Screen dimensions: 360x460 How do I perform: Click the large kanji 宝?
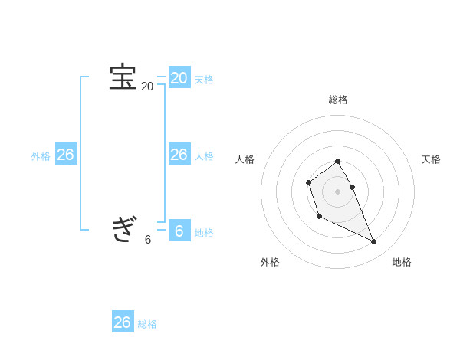coord(123,77)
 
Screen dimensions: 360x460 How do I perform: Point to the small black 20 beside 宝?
coord(147,87)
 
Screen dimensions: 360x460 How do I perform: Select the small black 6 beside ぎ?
coord(148,239)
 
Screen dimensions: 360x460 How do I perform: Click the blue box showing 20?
coord(179,77)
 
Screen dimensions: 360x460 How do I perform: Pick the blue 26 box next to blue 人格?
coord(179,155)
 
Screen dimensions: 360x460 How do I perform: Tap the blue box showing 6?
coord(179,231)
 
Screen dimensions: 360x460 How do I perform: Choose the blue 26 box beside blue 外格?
coord(65,155)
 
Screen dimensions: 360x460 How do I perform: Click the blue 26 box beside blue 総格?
coord(123,322)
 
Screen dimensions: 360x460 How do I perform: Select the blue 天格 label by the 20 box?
coord(204,80)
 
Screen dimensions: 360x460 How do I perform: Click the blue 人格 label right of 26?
coord(204,156)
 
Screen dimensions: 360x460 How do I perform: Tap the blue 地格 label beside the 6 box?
coord(204,233)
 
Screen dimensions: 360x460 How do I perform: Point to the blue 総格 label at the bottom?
coord(147,324)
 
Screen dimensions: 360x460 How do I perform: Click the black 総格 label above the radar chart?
coord(338,100)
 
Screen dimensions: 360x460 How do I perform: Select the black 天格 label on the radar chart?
coord(432,159)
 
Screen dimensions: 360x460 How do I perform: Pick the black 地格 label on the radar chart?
coord(402,262)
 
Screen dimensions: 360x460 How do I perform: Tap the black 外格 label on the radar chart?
coord(270,262)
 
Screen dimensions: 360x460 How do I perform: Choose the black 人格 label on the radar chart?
coord(245,159)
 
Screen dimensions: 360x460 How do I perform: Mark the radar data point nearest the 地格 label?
coord(373,242)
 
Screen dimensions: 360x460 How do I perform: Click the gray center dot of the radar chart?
coord(337,191)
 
